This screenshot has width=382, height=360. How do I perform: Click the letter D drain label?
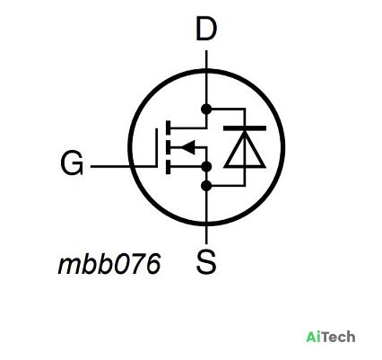click(206, 29)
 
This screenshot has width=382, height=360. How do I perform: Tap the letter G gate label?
click(72, 163)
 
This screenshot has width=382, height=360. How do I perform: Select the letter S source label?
click(206, 262)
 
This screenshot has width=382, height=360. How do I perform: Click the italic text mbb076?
click(109, 264)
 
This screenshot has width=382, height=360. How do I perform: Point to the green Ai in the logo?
click(315, 337)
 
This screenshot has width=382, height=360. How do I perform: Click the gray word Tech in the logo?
click(340, 337)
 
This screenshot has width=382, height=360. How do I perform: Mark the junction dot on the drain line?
click(206, 110)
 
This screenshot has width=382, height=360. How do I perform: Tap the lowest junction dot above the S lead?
click(206, 186)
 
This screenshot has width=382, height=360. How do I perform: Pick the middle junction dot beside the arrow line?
click(206, 166)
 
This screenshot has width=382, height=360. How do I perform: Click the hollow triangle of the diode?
click(245, 150)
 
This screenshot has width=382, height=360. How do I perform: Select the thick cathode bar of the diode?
click(245, 128)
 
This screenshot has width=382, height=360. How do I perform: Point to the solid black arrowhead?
click(188, 147)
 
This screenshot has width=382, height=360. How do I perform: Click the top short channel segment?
click(169, 127)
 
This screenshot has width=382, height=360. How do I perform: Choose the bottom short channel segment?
click(169, 167)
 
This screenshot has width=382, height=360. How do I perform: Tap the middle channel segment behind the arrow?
click(169, 147)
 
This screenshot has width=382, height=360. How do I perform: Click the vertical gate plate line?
click(156, 147)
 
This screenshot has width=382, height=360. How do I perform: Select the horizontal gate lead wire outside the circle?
click(110, 166)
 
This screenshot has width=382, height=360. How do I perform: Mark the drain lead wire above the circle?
click(206, 60)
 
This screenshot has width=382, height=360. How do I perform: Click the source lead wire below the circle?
click(206, 234)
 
